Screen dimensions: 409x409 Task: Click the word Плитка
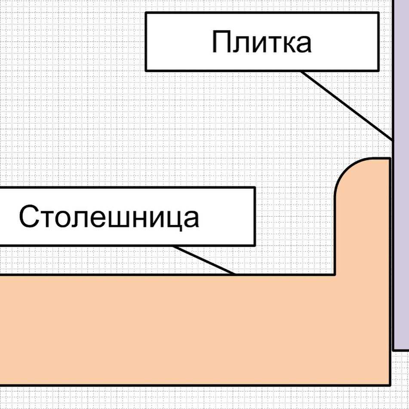(x=261, y=42)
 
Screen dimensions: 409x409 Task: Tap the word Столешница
(x=109, y=216)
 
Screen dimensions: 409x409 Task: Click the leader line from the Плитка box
(x=347, y=105)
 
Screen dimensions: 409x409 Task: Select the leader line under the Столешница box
(x=204, y=260)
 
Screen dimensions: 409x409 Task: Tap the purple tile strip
(x=401, y=175)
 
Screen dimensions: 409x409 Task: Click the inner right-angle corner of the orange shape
(x=335, y=275)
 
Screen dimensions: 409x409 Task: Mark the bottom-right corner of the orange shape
(x=390, y=385)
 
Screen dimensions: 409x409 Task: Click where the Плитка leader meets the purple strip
(x=393, y=140)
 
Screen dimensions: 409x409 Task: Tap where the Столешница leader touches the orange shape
(x=235, y=274)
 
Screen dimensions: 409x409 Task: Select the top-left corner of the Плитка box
(x=146, y=13)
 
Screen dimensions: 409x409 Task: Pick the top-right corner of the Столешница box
(x=255, y=188)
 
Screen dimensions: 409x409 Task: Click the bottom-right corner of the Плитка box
(x=378, y=71)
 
